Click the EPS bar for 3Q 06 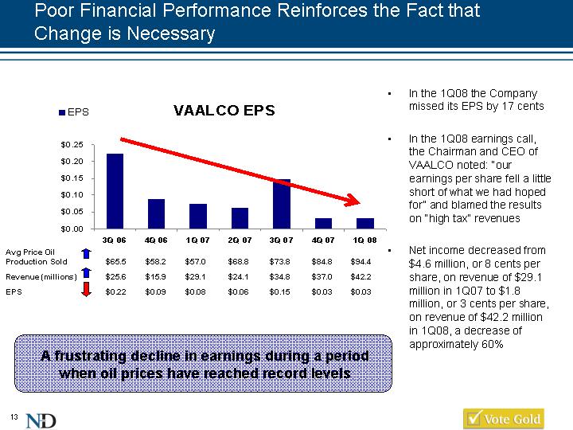(x=115, y=191)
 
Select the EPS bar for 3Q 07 (x=281, y=204)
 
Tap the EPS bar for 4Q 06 (x=156, y=213)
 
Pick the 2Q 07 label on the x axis (x=240, y=239)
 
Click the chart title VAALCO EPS (x=224, y=111)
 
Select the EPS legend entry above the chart (x=73, y=112)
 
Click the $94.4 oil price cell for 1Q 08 (x=363, y=260)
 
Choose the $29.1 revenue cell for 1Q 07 (x=198, y=276)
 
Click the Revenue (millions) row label (x=41, y=276)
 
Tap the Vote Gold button (x=503, y=419)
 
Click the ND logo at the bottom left (x=41, y=420)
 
